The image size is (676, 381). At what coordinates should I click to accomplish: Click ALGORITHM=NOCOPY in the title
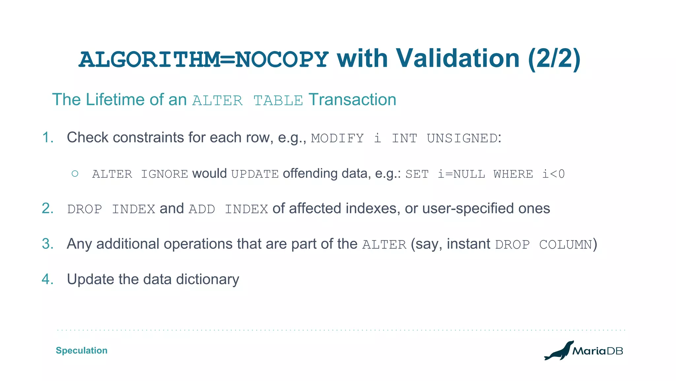click(203, 59)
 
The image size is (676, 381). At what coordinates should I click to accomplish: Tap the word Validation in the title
click(458, 58)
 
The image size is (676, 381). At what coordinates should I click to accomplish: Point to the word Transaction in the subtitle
click(352, 99)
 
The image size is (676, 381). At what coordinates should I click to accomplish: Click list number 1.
click(48, 137)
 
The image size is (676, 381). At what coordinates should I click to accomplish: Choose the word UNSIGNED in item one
click(462, 138)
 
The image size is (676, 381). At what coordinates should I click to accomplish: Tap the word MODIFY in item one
click(337, 138)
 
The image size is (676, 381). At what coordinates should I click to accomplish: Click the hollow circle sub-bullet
click(75, 173)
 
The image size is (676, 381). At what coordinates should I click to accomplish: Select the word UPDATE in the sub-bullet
click(255, 174)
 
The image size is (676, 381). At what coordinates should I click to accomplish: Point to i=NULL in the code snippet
click(461, 174)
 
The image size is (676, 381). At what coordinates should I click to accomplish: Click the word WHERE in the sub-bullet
click(513, 174)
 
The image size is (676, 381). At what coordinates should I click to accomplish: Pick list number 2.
click(48, 209)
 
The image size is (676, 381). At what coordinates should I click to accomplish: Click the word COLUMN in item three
click(565, 245)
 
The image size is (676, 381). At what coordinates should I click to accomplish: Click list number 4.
click(48, 279)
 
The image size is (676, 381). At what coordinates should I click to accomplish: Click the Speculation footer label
click(82, 350)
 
